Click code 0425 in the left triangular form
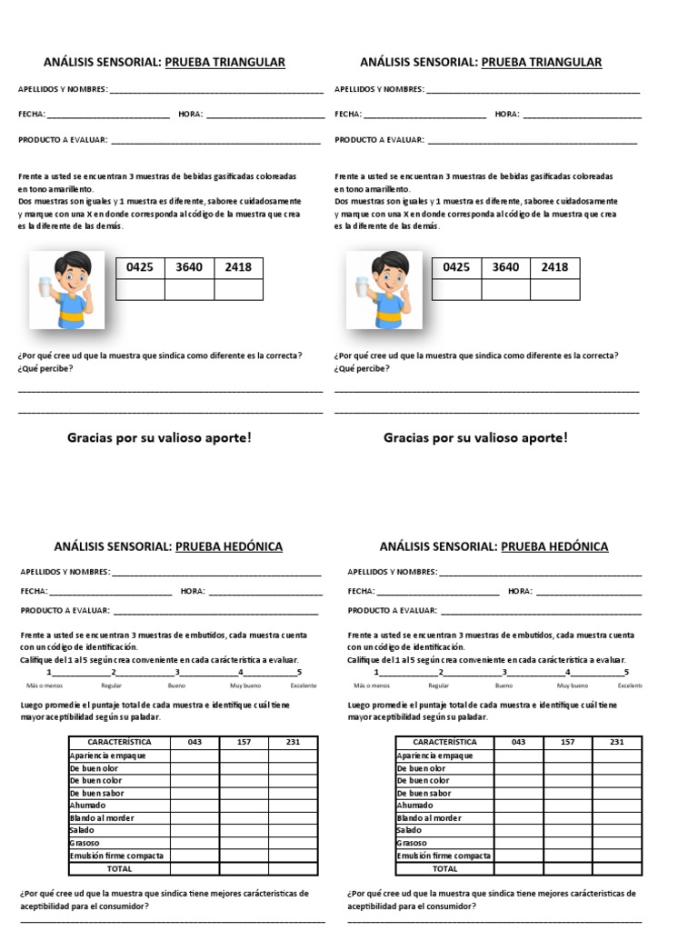point(141,267)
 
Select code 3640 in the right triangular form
point(505,267)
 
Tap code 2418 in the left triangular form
point(238,267)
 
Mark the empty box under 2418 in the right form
point(554,289)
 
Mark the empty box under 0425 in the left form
point(141,289)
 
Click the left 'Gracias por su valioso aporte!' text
point(159,438)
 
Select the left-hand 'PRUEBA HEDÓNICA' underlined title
point(228,546)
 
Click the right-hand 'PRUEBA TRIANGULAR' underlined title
point(541,62)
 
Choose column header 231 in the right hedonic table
point(617,742)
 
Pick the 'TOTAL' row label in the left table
point(119,868)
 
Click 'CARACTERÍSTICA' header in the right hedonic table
point(444,742)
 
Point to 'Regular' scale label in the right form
point(439,686)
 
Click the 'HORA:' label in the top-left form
point(192,115)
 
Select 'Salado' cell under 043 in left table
point(194,830)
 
